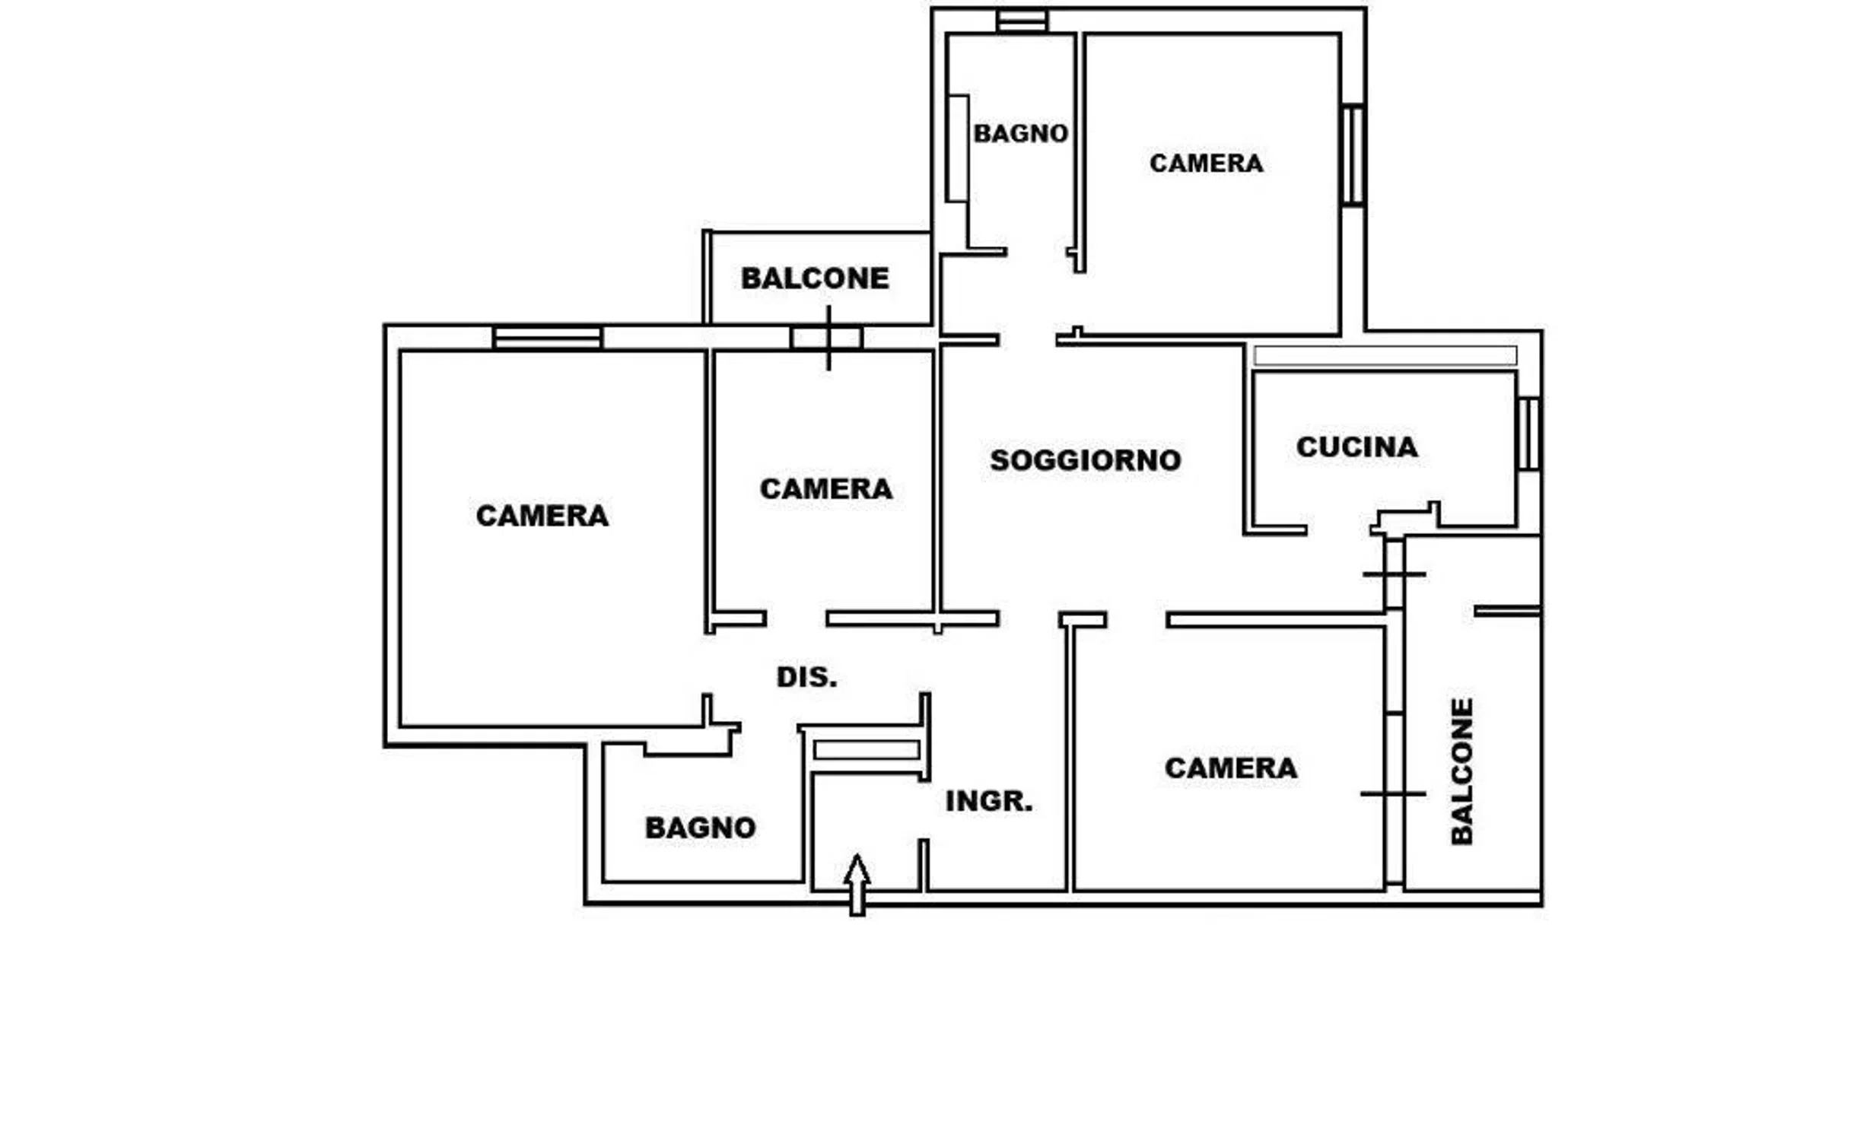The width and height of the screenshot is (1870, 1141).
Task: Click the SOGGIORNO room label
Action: (1086, 460)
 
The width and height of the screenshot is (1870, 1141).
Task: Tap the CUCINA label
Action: (1357, 447)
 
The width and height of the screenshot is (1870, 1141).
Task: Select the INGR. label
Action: (989, 801)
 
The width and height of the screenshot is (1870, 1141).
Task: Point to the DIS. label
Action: (806, 677)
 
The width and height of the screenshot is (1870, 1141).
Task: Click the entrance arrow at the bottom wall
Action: (857, 885)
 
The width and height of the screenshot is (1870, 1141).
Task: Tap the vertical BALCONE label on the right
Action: (1462, 771)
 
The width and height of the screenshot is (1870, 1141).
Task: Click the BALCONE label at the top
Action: (815, 278)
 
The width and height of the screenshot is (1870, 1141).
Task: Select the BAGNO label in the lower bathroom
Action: (701, 828)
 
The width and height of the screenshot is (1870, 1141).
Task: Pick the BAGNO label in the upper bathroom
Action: (1021, 134)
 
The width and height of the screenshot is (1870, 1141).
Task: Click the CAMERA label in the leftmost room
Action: (542, 516)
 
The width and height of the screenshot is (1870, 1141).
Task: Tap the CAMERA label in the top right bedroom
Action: (1207, 163)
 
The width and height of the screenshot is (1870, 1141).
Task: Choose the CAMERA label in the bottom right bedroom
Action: (1231, 768)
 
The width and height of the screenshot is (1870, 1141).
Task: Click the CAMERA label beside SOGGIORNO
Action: (826, 489)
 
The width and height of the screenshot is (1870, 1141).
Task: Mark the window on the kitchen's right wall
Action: (1530, 434)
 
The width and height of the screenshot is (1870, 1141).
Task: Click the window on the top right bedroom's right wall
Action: (1353, 155)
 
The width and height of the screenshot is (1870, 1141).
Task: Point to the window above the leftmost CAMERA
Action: (547, 338)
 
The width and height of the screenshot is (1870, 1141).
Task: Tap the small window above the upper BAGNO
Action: (1022, 21)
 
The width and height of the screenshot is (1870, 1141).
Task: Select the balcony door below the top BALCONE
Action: (827, 338)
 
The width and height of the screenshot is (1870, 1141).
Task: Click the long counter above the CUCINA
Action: (1385, 355)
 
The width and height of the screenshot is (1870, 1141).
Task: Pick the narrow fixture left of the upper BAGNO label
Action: (957, 149)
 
